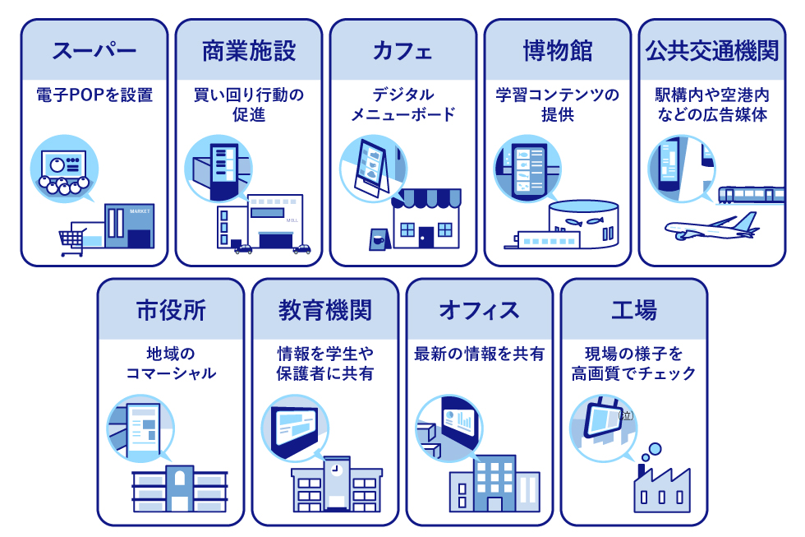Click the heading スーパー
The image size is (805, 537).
coord(94,51)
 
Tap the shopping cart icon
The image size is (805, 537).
coord(72,241)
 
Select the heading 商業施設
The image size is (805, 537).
coord(249,51)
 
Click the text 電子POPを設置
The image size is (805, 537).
coord(94,95)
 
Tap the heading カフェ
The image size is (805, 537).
coord(402,51)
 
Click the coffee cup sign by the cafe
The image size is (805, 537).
coord(377,238)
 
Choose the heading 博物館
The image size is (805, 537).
coord(558,51)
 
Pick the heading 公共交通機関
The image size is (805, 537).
coord(711,51)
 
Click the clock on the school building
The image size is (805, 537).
coord(335,470)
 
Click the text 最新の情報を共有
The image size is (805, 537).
coord(480,354)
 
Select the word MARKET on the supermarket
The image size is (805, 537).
coord(140,211)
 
